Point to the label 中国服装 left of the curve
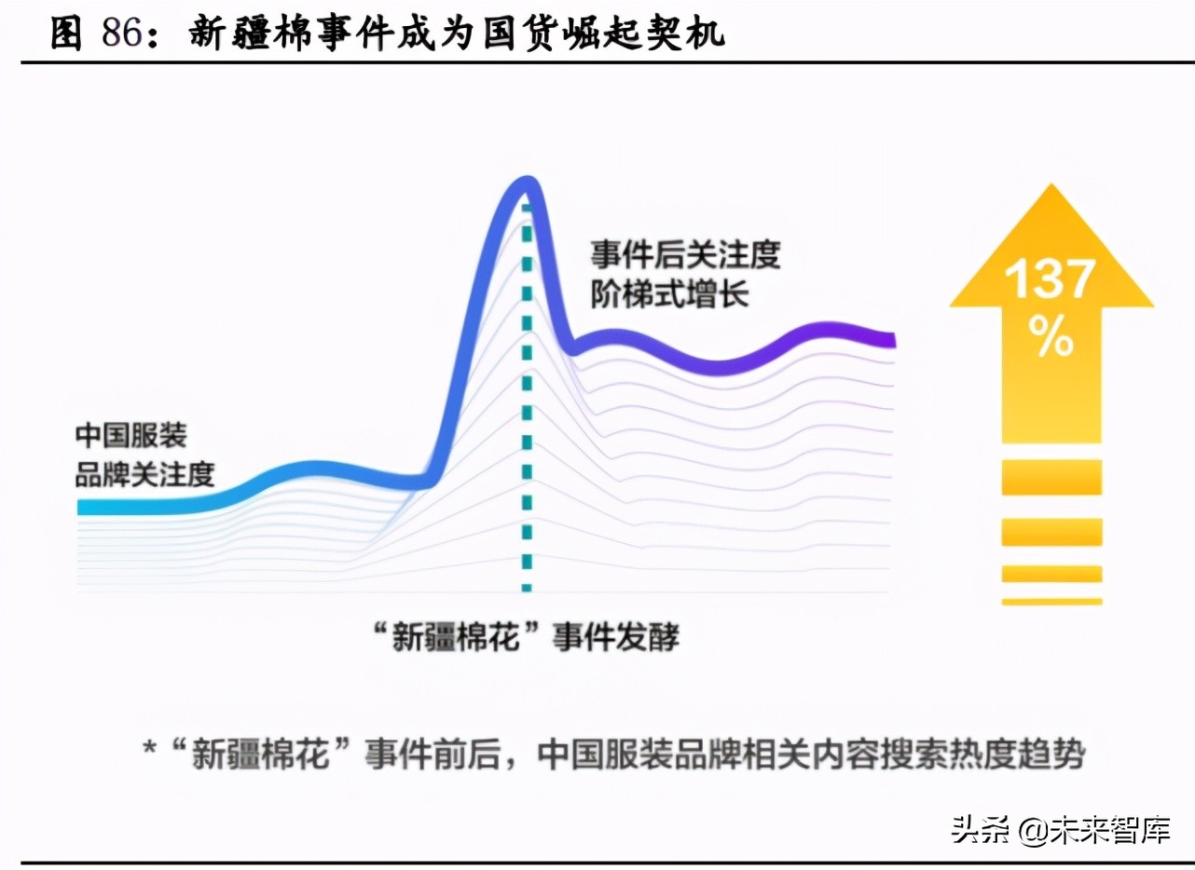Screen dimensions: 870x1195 click(131, 435)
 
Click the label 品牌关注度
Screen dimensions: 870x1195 click(144, 474)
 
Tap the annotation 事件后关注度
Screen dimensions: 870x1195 click(685, 254)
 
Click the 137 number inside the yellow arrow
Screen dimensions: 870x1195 click(1051, 279)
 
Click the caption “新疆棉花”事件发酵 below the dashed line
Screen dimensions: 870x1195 click(525, 638)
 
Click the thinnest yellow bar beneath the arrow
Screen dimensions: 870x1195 click(1051, 601)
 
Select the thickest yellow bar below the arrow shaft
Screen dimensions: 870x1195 click(1051, 477)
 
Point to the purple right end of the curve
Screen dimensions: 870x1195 click(886, 338)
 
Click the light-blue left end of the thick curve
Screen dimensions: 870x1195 click(89, 507)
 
